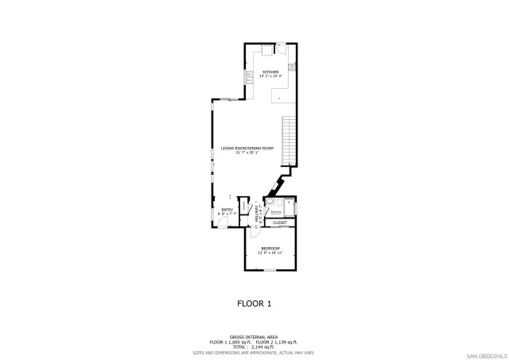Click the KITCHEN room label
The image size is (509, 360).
[x=270, y=72]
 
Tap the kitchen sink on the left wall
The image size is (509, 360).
[x=249, y=77]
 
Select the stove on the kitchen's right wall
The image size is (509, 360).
[x=292, y=65]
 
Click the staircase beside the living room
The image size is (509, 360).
[x=289, y=140]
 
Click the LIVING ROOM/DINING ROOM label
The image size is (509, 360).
[x=247, y=149]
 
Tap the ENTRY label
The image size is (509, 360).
[x=227, y=210]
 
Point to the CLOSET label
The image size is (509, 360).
[x=280, y=223]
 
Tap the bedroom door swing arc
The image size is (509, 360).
[x=255, y=232]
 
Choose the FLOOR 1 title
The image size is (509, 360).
[x=254, y=304]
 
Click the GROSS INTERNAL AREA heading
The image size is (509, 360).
[x=254, y=336]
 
